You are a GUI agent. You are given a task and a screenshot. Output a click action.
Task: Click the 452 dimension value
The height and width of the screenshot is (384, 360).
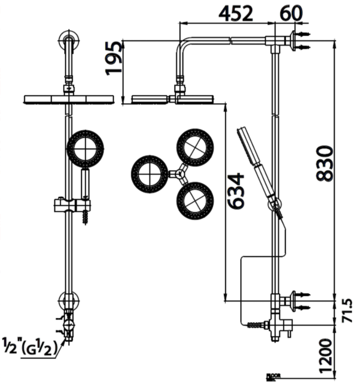coord(235,14)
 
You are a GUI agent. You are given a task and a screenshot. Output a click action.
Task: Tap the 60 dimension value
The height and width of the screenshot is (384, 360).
coord(292,14)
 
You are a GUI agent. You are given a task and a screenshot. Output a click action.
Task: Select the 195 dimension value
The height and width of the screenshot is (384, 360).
coord(114,58)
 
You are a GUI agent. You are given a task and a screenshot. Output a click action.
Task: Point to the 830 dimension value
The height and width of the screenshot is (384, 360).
coord(325,163)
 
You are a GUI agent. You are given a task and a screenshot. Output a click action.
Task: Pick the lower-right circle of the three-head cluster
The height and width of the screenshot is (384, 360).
coord(195,200)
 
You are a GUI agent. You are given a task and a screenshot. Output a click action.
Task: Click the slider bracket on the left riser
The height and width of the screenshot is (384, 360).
coord(72,205)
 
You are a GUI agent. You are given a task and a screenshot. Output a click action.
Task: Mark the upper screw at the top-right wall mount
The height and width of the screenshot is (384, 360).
coord(304,34)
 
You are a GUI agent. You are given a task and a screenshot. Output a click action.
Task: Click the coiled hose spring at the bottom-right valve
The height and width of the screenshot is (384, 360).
coord(255,325)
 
